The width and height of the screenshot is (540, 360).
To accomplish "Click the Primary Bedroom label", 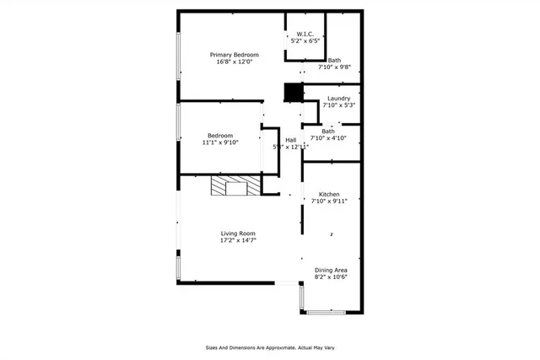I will pyautogui.click(x=235, y=55).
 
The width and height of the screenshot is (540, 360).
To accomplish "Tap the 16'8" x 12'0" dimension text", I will pyautogui.click(x=235, y=62).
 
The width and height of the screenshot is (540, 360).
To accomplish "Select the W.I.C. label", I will pyautogui.click(x=306, y=34).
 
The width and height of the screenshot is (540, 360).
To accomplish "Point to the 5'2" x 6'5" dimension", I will pyautogui.click(x=306, y=40).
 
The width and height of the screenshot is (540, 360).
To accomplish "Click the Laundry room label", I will pyautogui.click(x=338, y=99).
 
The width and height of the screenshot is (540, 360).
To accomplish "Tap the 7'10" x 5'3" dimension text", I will pyautogui.click(x=338, y=105).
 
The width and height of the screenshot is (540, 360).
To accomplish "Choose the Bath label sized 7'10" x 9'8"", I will pyautogui.click(x=335, y=60).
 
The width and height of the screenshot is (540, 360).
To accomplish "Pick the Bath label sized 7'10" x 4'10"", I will pyautogui.click(x=328, y=131).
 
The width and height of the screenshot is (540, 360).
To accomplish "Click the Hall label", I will pyautogui.click(x=290, y=140).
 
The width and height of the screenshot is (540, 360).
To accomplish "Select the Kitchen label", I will pyautogui.click(x=329, y=194).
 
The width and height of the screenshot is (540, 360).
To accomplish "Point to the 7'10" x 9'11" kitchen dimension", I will pyautogui.click(x=329, y=201).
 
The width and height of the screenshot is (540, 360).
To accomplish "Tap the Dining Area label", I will pyautogui.click(x=331, y=270).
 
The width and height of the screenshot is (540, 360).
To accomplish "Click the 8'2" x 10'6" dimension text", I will pyautogui.click(x=331, y=277).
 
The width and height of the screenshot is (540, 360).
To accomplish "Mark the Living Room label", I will pyautogui.click(x=238, y=234).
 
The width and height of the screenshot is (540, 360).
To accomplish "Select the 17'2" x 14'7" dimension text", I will pyautogui.click(x=238, y=240).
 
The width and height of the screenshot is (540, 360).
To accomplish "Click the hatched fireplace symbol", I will pyautogui.click(x=230, y=185).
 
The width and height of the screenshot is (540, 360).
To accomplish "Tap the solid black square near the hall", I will pyautogui.click(x=293, y=92).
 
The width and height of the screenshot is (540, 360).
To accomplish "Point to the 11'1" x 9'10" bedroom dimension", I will pyautogui.click(x=220, y=142).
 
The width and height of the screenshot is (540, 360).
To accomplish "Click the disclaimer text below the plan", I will pyautogui.click(x=269, y=347).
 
